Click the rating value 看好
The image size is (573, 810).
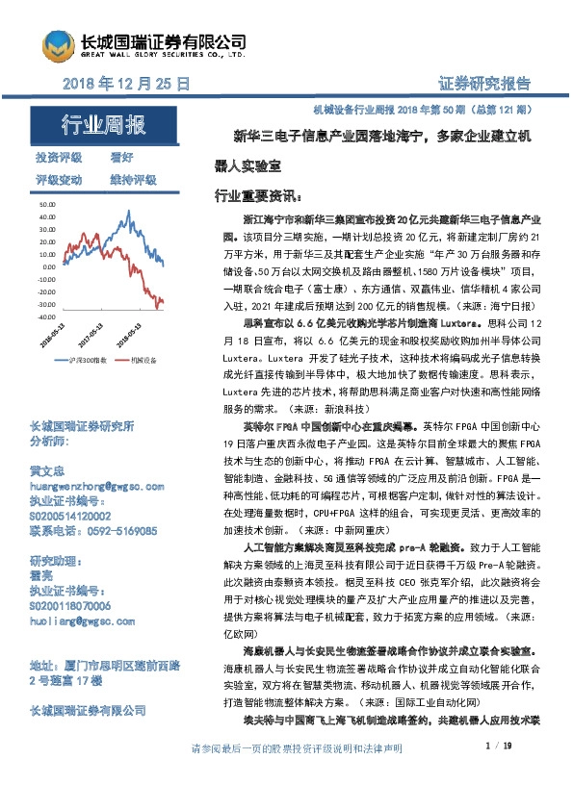pos(121,157)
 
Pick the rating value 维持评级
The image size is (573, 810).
pos(133,179)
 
